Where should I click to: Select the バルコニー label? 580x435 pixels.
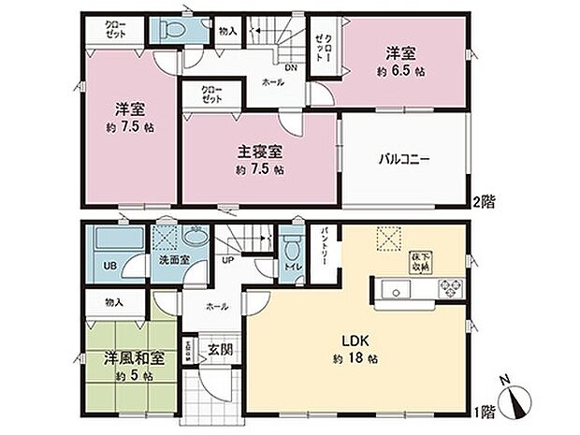point(403,160)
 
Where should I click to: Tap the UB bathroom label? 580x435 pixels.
point(110,265)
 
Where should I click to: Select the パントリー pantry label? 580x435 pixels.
point(323,245)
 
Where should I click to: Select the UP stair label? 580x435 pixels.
point(228,261)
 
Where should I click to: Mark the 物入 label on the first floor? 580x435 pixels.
point(113,302)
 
